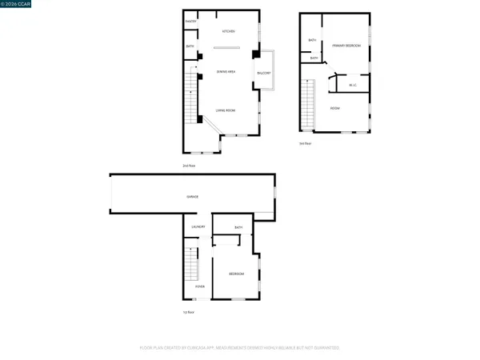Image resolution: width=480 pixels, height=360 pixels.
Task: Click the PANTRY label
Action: click(x=190, y=21)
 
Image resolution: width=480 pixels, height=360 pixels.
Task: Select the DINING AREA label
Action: click(x=226, y=72)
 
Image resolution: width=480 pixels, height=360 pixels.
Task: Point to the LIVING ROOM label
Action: click(x=225, y=110)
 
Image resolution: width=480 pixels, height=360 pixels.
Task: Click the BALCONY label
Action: click(x=263, y=73)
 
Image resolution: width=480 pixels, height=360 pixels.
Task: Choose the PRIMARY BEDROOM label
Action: click(x=346, y=46)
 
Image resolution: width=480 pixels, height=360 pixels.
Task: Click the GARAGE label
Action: click(x=193, y=196)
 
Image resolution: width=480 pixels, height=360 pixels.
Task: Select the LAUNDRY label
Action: click(x=198, y=226)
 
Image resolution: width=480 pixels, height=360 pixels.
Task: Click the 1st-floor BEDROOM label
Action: click(x=236, y=274)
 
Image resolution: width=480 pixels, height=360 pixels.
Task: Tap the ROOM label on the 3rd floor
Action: click(x=334, y=108)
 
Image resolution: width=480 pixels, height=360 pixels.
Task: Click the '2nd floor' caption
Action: click(x=189, y=166)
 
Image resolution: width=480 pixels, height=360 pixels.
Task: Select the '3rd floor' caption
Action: click(x=304, y=144)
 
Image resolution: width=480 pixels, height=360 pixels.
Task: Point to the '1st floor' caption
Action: click(x=188, y=313)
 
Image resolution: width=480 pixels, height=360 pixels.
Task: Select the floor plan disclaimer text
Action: click(x=240, y=348)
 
